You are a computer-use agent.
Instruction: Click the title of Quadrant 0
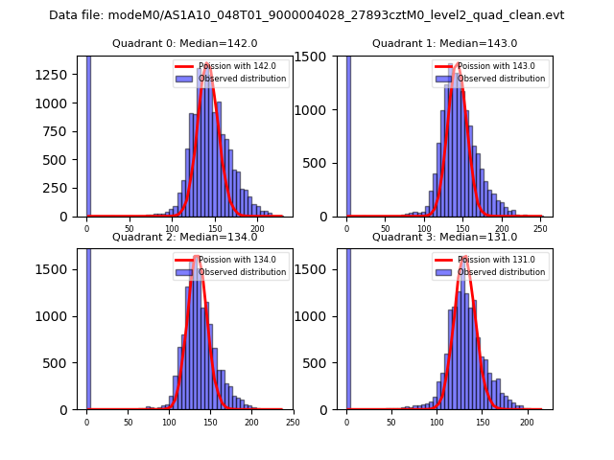184,44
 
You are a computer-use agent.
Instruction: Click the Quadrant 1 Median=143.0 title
444,44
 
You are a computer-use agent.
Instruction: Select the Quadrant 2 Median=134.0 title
184,238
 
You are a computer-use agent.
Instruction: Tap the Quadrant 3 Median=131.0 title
444,238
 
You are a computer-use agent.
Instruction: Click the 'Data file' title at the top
307,15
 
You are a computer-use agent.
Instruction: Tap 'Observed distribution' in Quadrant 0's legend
243,79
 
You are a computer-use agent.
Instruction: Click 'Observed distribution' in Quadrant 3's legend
502,272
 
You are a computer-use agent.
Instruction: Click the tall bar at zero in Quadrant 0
88,134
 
